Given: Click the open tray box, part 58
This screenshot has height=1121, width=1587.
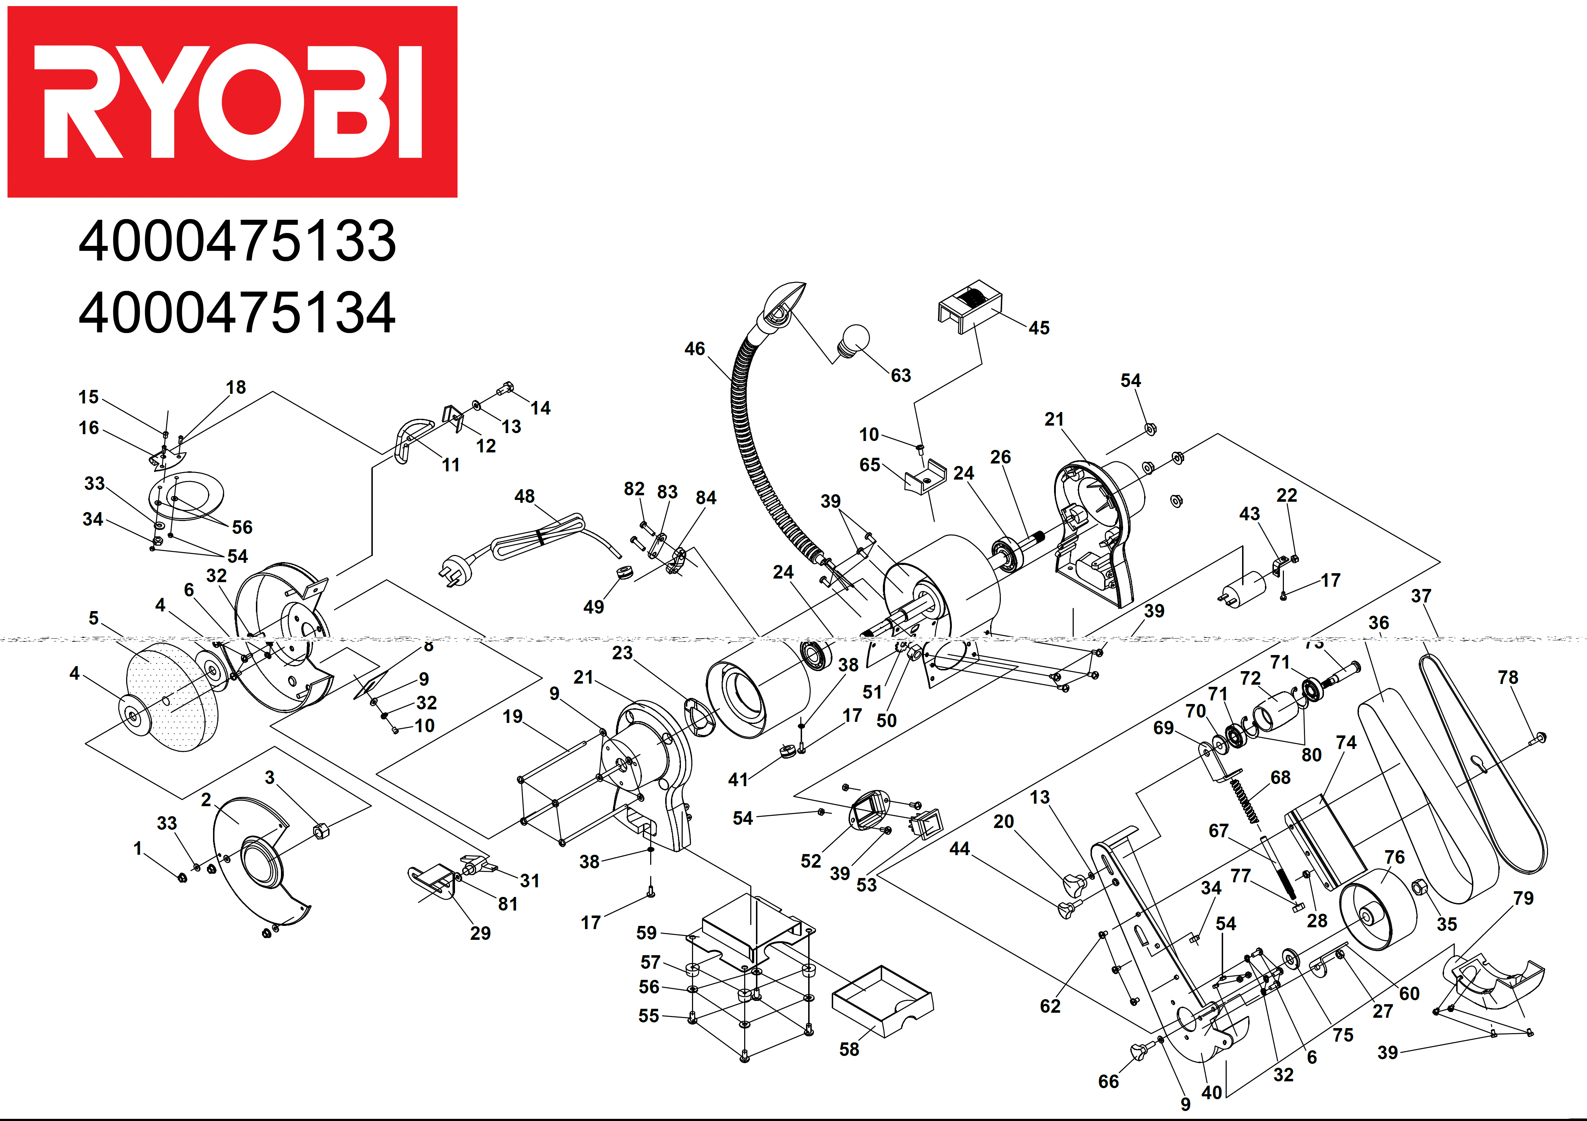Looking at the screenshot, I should pos(882,1001).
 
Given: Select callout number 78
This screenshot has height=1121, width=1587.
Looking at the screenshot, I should pos(1508,677).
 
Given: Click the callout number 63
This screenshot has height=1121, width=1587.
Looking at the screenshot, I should pos(901,375).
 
